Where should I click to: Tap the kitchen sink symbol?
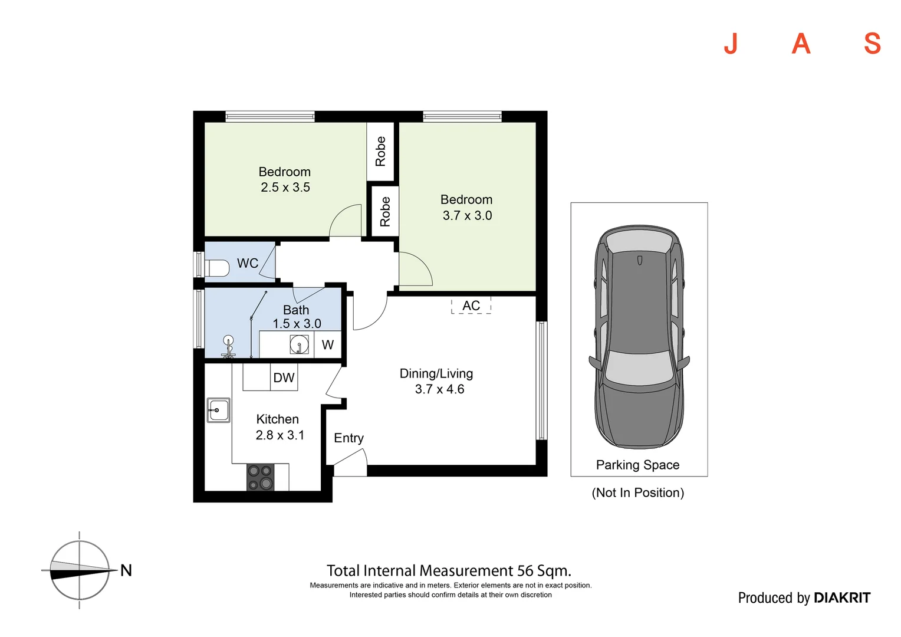coord(218,409)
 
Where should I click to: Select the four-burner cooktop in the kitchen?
coord(260,477)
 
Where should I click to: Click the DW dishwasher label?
coord(284,378)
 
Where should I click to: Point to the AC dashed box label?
coord(471,306)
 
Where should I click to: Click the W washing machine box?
coord(328,345)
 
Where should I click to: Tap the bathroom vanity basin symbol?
coord(300,344)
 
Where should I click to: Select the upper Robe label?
coord(381,152)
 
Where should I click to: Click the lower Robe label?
coord(385,212)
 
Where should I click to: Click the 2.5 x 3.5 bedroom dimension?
coord(285,188)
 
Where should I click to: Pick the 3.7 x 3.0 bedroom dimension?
coord(467,216)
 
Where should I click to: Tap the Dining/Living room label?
coord(436,374)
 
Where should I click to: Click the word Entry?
coord(348,438)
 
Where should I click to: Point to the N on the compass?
coord(126,570)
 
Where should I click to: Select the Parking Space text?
coord(637,465)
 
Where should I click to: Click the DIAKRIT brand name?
coord(841,598)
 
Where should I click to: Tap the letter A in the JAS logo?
coord(801,44)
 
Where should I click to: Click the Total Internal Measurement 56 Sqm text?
coord(449,571)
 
